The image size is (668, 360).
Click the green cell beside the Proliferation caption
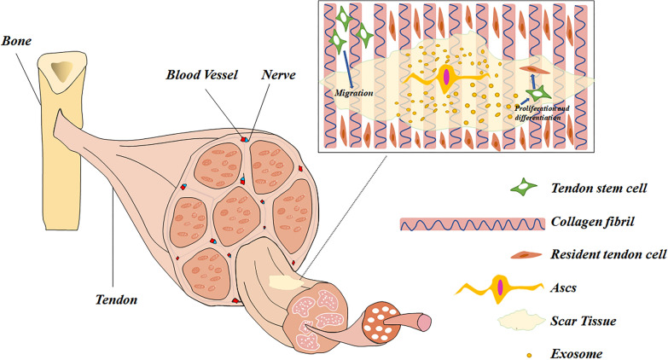[536, 95]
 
